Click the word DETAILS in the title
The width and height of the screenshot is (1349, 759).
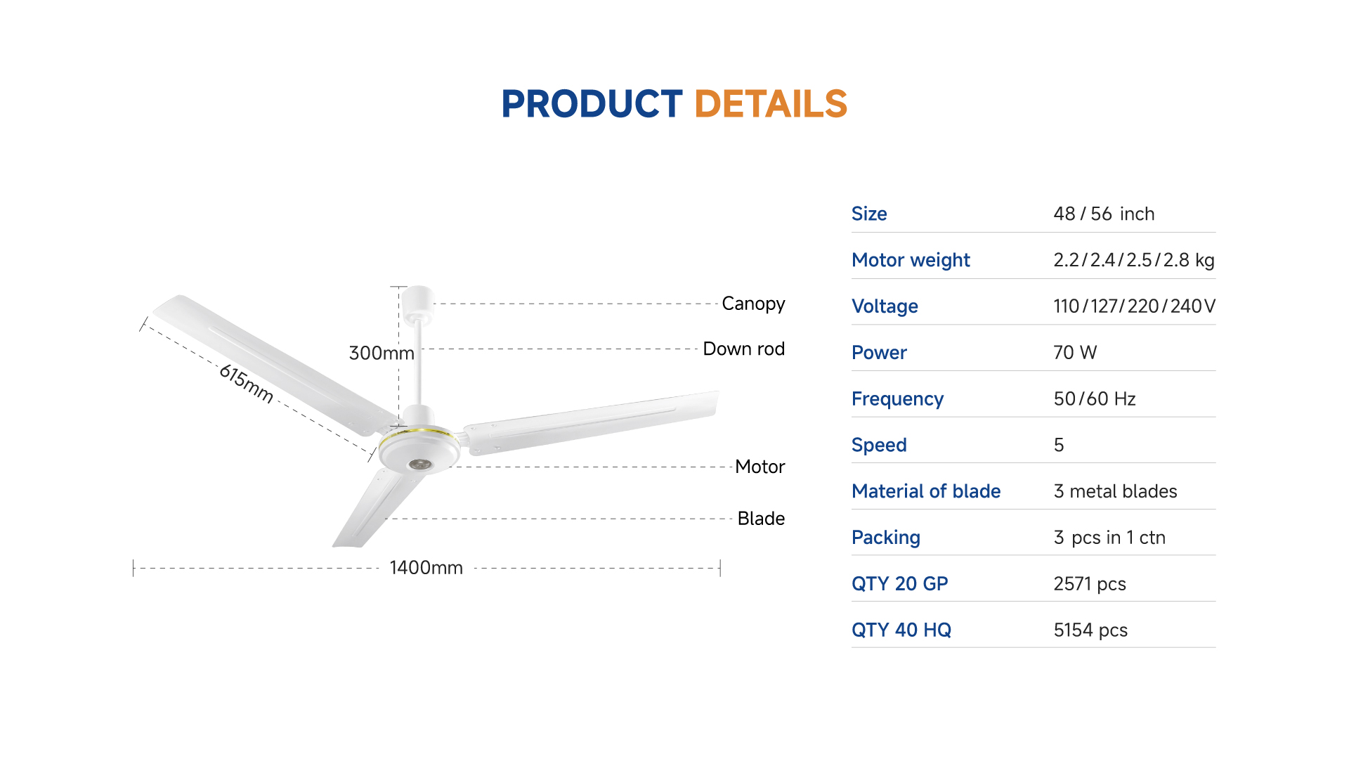(x=771, y=104)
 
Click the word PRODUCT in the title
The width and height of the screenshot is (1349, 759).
(x=592, y=104)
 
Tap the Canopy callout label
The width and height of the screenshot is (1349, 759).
(x=753, y=304)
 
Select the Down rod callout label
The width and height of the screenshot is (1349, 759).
(x=744, y=349)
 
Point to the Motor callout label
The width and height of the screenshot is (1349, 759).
(x=760, y=467)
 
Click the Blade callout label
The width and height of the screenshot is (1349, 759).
(x=761, y=519)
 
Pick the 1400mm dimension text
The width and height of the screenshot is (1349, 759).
(x=426, y=568)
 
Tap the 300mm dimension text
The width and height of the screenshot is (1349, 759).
(x=382, y=353)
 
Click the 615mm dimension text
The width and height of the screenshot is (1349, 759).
(x=247, y=383)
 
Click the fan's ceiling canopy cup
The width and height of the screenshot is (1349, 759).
(x=418, y=299)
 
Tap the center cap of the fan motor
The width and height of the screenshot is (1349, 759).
(x=419, y=465)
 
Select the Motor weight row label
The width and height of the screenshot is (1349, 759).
(x=911, y=261)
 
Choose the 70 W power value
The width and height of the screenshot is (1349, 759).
(x=1075, y=353)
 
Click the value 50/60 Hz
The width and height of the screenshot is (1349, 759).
(x=1095, y=399)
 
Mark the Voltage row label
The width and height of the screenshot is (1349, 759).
(x=885, y=307)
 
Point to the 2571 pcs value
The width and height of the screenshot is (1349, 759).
(x=1090, y=584)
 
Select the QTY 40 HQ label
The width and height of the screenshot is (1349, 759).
(x=901, y=630)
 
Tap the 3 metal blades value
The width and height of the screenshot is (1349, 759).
(x=1116, y=491)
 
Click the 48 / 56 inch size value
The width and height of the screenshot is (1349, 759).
(x=1104, y=214)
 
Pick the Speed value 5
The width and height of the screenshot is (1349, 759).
(x=1059, y=446)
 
